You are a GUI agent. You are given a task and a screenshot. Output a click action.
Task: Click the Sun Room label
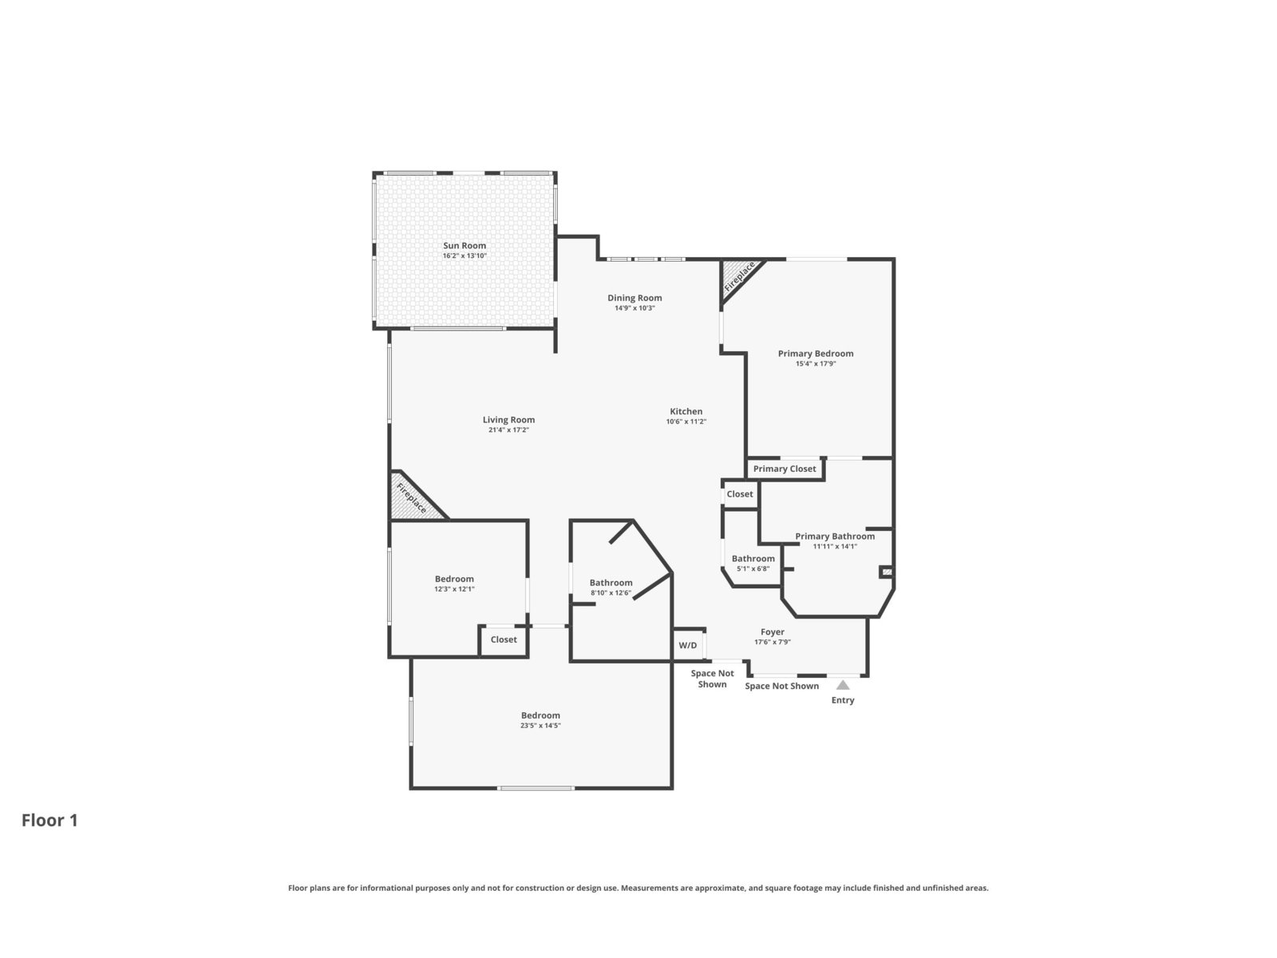pos(465,245)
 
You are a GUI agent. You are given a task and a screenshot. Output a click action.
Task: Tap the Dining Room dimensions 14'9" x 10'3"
pos(635,308)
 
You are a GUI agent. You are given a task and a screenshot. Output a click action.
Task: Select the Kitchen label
pos(686,411)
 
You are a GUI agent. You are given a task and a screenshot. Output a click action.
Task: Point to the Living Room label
pos(508,419)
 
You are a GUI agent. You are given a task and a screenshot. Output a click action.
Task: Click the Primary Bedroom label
pos(816,353)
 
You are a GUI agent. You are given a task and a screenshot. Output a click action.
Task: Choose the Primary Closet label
pos(785,469)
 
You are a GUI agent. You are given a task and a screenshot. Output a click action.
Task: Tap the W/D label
pos(688,645)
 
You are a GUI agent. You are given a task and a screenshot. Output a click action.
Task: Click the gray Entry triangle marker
pos(842,685)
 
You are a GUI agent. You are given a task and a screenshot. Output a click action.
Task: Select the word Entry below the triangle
pos(842,700)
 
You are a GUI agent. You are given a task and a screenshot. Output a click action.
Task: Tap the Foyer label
pos(772,631)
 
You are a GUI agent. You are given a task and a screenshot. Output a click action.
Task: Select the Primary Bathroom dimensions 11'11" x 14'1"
pos(835,547)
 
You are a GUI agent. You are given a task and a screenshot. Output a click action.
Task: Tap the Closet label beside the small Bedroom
pos(504,639)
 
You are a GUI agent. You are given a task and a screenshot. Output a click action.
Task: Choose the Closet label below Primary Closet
pos(739,494)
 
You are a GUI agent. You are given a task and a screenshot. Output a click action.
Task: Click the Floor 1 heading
pos(49,820)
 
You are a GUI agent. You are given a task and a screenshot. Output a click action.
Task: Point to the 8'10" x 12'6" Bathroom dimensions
pos(611,593)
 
